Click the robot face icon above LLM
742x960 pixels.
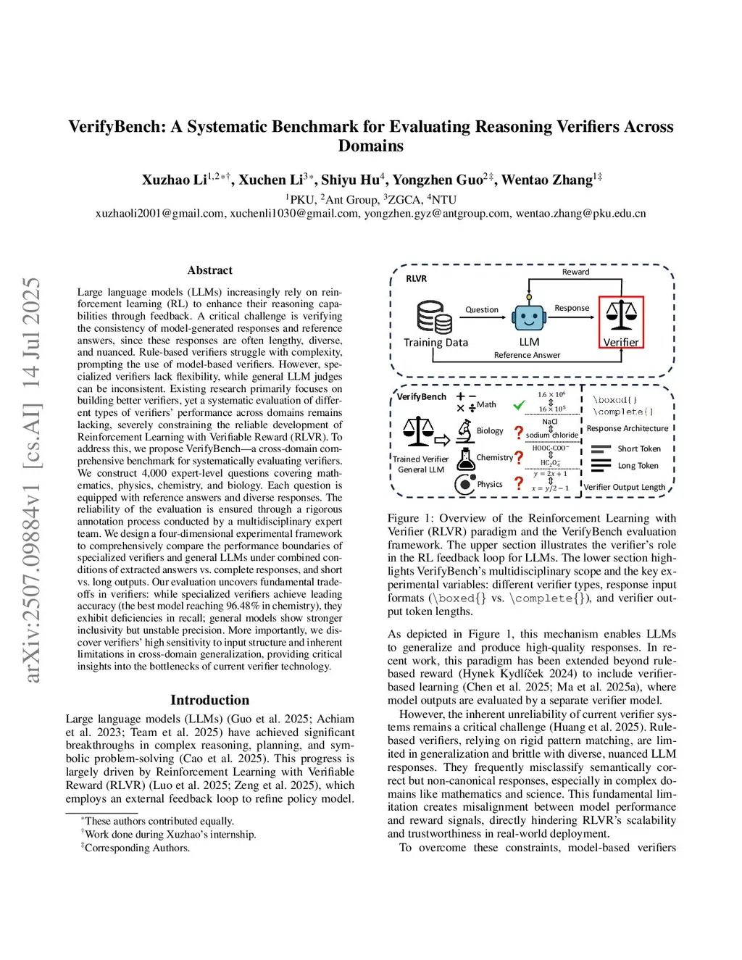pyautogui.click(x=528, y=317)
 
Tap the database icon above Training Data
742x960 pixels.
pyautogui.click(x=434, y=317)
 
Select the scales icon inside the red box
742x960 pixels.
pyautogui.click(x=621, y=314)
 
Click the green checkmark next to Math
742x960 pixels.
pyautogui.click(x=519, y=405)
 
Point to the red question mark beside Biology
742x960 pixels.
pyautogui.click(x=519, y=433)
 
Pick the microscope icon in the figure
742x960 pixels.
pyautogui.click(x=464, y=431)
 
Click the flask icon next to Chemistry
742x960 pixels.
pyautogui.click(x=465, y=459)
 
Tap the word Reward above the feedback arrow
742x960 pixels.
pyautogui.click(x=575, y=272)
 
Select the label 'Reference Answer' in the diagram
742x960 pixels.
pyautogui.click(x=527, y=355)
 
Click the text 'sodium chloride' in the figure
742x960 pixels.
pyautogui.click(x=552, y=435)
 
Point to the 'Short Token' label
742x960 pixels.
pyautogui.click(x=638, y=448)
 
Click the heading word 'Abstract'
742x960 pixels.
pyautogui.click(x=209, y=270)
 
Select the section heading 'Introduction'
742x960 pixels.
pyautogui.click(x=209, y=700)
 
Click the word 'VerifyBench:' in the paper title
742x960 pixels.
pyautogui.click(x=117, y=127)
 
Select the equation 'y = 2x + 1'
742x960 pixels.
pyautogui.click(x=550, y=474)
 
